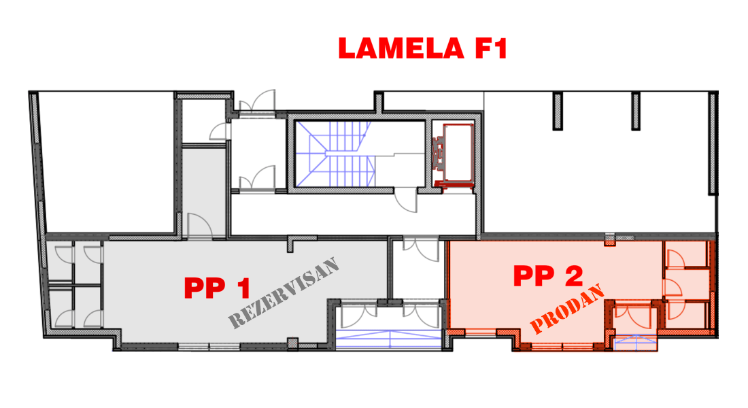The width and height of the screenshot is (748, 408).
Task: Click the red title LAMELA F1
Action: click(422, 48)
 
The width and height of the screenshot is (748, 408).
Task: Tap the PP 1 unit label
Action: click(217, 288)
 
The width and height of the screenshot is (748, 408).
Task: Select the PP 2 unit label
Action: click(548, 276)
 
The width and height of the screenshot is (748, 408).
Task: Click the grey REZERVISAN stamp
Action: click(284, 292)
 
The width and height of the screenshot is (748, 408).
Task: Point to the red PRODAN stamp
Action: click(567, 309)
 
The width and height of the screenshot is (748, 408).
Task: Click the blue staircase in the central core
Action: click(335, 154)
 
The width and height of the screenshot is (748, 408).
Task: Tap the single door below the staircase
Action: click(406, 199)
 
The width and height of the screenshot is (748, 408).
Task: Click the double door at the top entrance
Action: click(257, 101)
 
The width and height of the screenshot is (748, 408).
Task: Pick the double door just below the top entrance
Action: click(257, 177)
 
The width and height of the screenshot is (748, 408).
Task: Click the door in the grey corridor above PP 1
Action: click(200, 226)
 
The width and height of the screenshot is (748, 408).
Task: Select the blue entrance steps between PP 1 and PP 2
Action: click(388, 339)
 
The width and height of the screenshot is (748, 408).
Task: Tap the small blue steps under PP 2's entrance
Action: click(635, 343)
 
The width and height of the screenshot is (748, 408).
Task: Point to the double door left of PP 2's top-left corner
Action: click(420, 249)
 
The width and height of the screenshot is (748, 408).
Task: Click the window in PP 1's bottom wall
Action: click(209, 347)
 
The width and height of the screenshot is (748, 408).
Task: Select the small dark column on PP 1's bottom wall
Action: click(292, 343)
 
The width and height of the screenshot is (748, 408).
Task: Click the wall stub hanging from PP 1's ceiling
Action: click(290, 245)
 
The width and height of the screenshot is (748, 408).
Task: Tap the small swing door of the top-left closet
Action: click(220, 131)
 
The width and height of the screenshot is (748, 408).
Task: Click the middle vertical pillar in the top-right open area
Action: click(635, 112)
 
